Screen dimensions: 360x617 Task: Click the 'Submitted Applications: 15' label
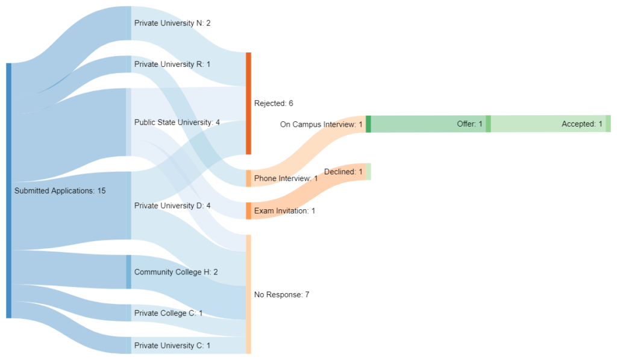pos(60,191)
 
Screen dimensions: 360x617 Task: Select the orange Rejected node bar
pos(248,103)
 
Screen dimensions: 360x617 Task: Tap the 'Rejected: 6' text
pos(274,103)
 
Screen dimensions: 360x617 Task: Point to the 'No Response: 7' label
pos(281,294)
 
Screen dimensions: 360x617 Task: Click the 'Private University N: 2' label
pos(172,23)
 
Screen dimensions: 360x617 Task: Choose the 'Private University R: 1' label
pos(172,64)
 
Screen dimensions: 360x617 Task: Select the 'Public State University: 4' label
pos(177,122)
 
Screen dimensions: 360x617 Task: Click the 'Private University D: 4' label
pos(172,205)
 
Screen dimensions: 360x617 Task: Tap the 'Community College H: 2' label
pos(176,272)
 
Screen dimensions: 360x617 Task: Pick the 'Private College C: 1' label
pos(168,313)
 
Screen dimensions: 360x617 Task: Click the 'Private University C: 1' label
pos(172,346)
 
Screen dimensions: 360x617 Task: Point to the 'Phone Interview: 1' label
pos(286,178)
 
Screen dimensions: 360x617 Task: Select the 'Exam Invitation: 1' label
pos(284,210)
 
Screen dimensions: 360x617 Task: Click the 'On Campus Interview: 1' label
pos(321,124)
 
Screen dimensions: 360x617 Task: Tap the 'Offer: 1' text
pos(469,124)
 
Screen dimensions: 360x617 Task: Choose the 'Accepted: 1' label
pos(581,124)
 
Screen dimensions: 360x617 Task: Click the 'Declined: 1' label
pos(343,172)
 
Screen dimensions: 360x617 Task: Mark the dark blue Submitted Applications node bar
pos(8,191)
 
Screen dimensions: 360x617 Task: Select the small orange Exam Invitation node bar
pos(248,210)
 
